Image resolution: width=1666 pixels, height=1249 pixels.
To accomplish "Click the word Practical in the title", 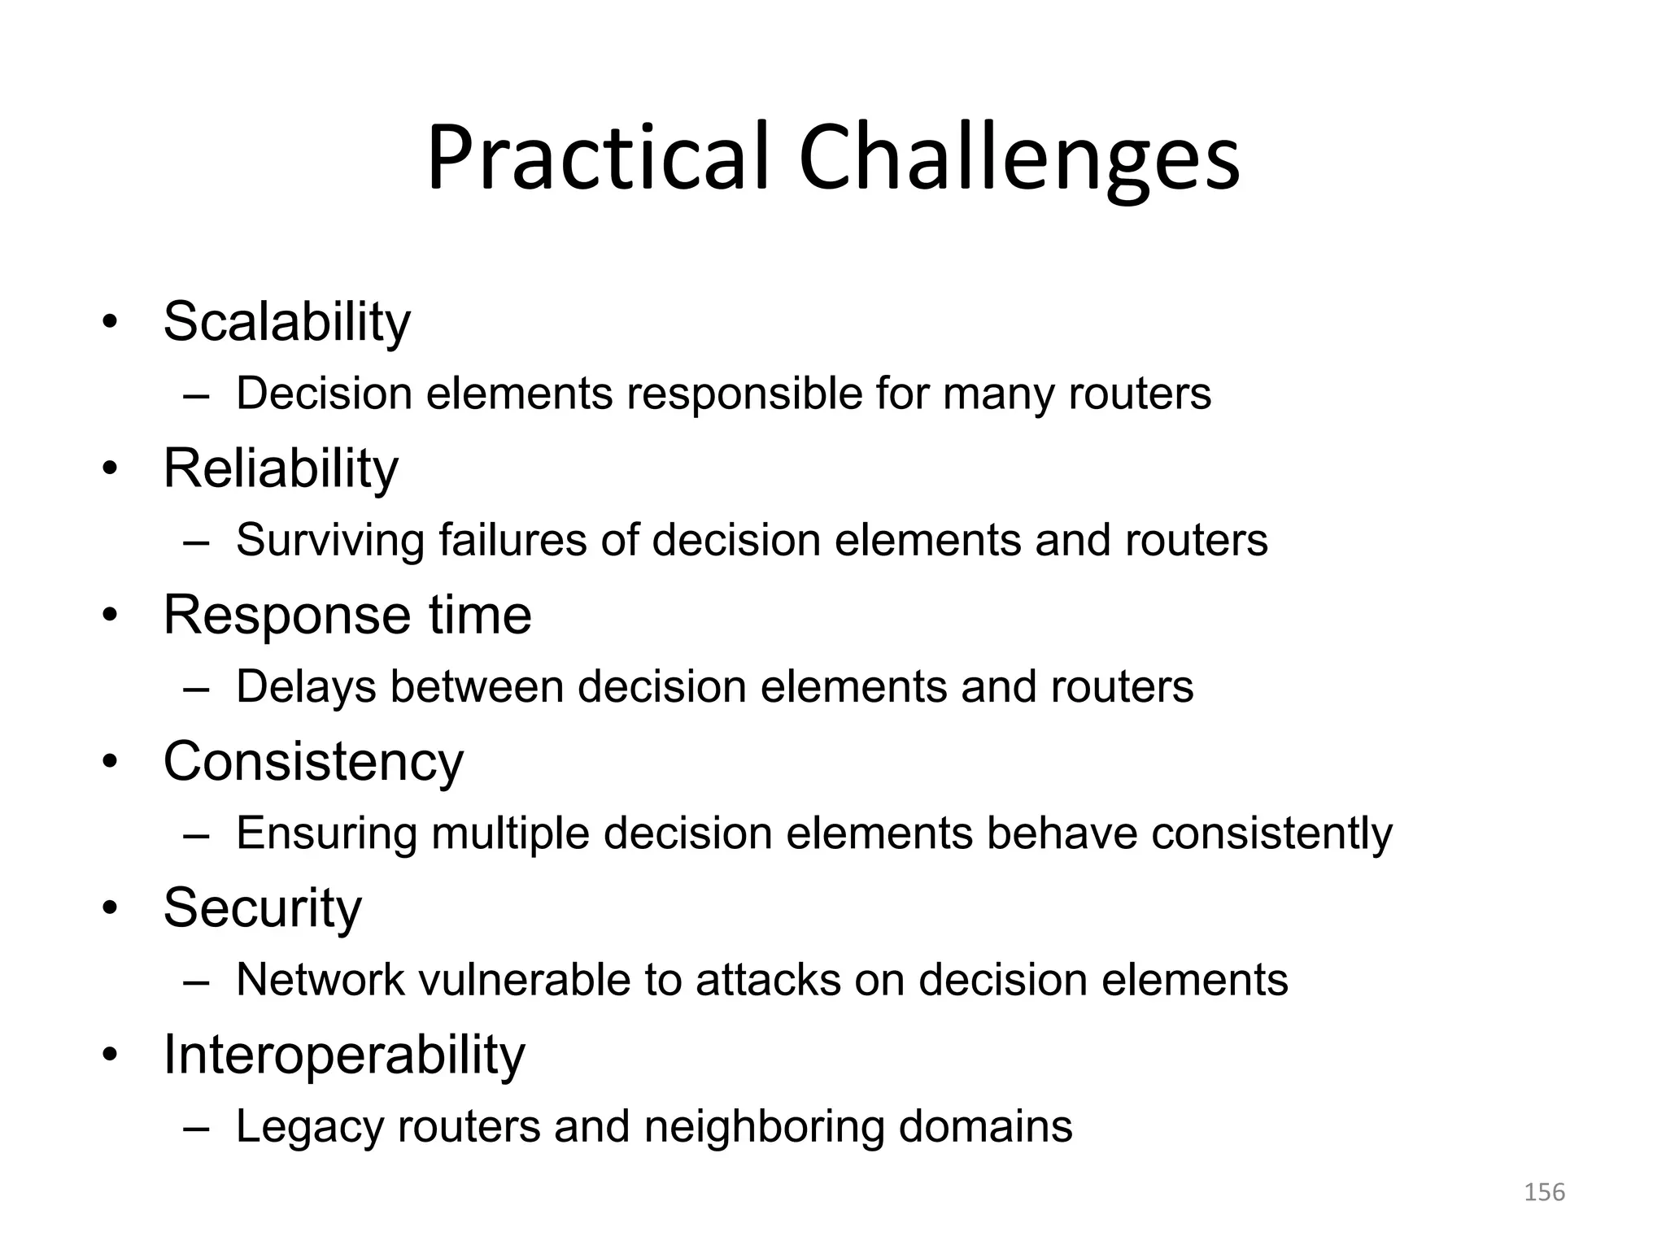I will [597, 159].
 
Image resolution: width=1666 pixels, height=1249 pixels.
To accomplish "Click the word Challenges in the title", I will [1018, 159].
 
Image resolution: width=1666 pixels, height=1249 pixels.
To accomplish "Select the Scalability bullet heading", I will [286, 323].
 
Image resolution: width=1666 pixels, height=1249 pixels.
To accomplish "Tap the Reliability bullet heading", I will [281, 469].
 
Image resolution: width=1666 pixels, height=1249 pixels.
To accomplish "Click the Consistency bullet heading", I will [313, 763].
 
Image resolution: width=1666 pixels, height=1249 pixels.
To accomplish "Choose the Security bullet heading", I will [262, 908].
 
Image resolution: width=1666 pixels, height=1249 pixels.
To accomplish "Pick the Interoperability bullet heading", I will [344, 1055].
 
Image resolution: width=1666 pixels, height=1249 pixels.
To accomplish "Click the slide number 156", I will [1543, 1192].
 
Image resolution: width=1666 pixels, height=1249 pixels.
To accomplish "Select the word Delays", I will [306, 687].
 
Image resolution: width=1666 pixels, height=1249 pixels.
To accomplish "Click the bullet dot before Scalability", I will [110, 323].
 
